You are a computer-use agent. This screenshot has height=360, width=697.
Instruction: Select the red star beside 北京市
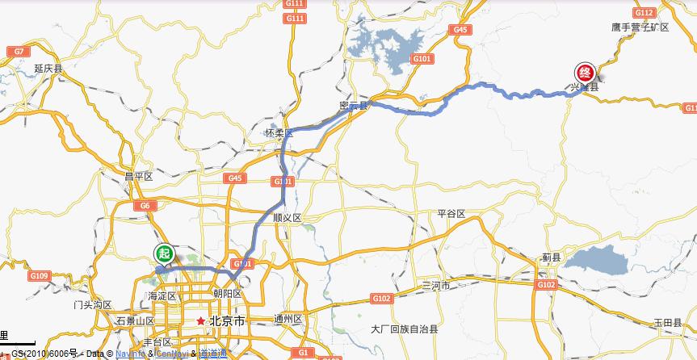coord(200,320)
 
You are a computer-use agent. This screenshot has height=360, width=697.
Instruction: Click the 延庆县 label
coord(48,69)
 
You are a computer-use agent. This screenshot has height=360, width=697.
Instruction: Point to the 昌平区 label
coord(138,175)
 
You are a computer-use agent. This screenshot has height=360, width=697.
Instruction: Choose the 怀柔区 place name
coord(279,132)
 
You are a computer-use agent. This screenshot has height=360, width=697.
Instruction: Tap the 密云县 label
coord(354,106)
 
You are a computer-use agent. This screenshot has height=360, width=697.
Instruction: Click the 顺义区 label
coord(287,218)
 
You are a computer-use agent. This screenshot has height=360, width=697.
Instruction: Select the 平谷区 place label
coord(451,214)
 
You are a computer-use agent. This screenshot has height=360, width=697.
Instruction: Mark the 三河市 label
coord(436,286)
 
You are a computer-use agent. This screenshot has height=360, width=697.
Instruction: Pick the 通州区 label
coord(288,318)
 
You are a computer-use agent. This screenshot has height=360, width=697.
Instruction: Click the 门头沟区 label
coord(91,304)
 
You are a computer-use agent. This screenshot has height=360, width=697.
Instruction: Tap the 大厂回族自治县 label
coord(404,329)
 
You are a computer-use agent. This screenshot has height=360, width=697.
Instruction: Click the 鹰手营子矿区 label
coord(640,27)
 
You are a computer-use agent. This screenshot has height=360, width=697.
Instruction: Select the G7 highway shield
coord(17,52)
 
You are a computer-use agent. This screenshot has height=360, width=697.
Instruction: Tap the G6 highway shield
coord(145,206)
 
